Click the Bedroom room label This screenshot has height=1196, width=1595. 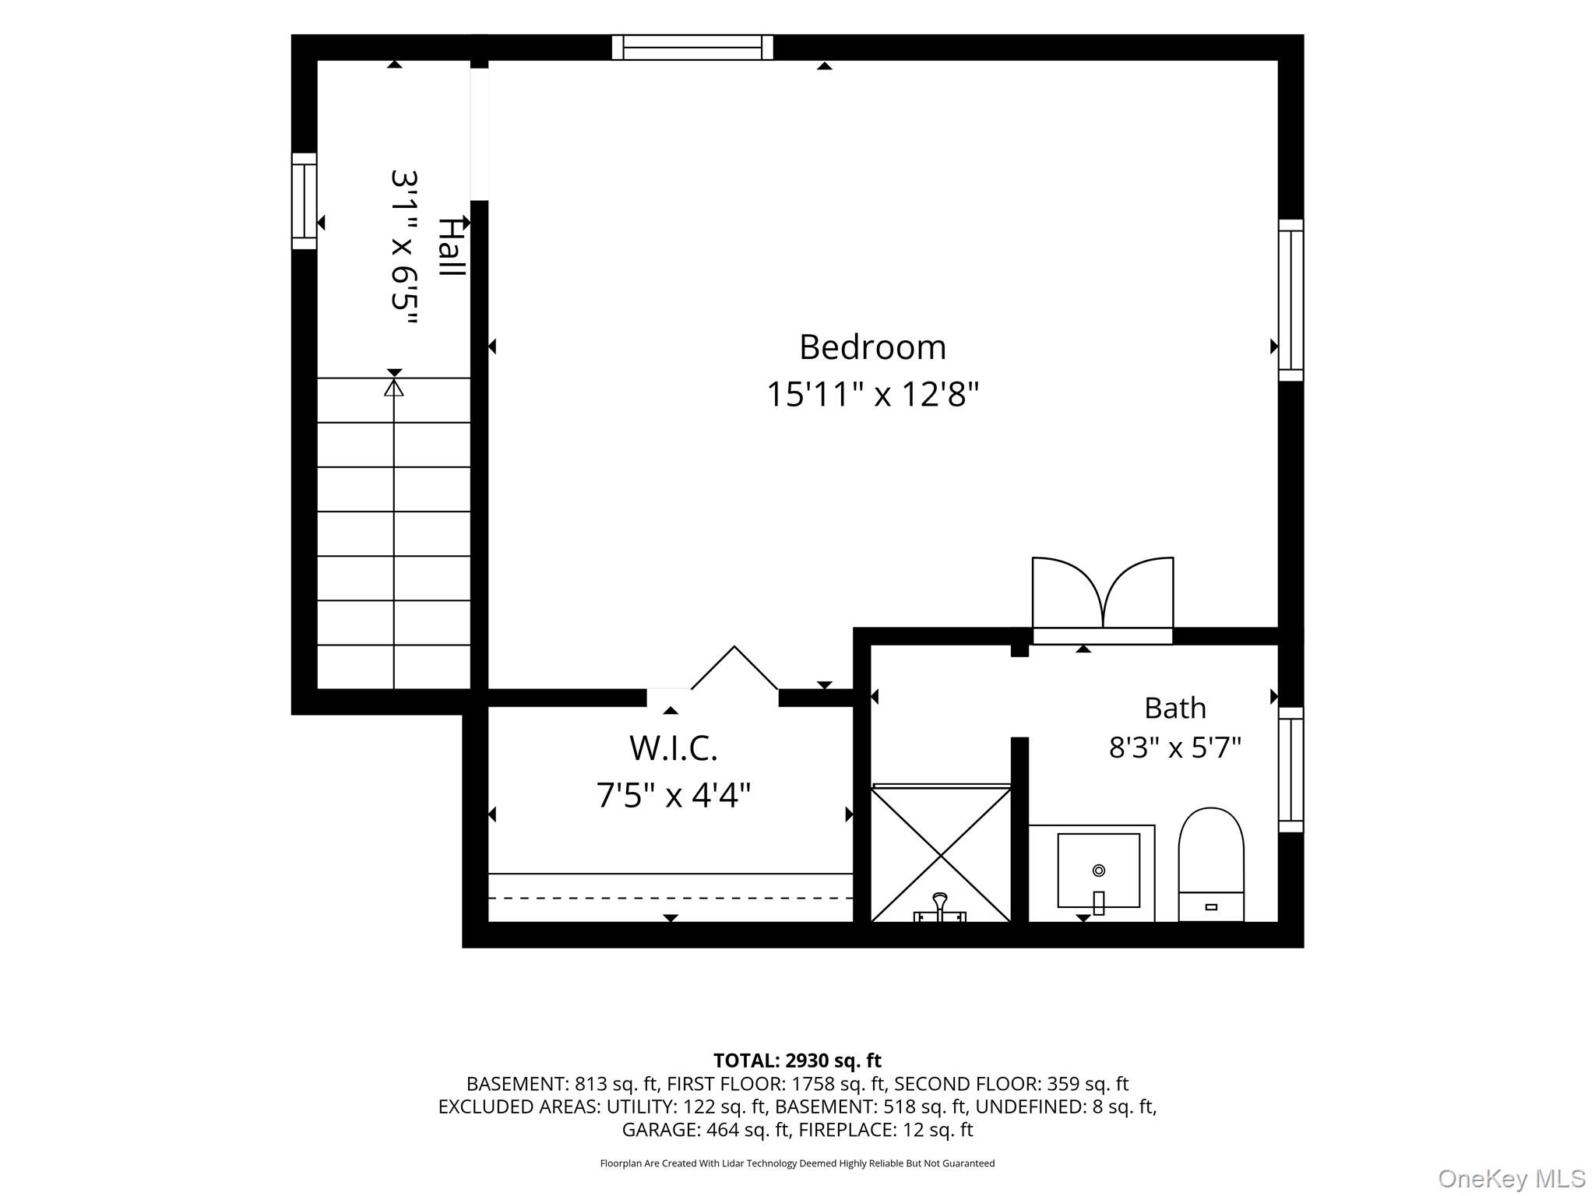pos(872,347)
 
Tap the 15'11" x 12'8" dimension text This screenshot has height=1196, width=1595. pos(872,394)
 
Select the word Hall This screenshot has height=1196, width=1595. pos(450,247)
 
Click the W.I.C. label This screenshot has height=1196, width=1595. pos(673,748)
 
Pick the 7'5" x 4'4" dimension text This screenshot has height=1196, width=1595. pos(673,796)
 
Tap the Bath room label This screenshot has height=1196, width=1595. pos(1174,708)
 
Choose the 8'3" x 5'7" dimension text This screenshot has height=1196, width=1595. pos(1174,747)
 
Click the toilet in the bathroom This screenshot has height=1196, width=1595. pos(1211,864)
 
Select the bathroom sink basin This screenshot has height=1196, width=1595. pos(1098,871)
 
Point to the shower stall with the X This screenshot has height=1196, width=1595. pos(941,854)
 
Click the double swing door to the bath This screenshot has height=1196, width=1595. pos(1103,600)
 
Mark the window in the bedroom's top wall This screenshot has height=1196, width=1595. pos(692,47)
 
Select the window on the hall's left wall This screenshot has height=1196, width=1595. pos(305,201)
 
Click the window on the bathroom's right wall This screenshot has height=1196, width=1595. pos(1290,769)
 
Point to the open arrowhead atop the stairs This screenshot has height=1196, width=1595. pos(394,387)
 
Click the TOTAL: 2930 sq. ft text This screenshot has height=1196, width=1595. pos(797,1061)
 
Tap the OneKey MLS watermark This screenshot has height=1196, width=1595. pos(1512,1179)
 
